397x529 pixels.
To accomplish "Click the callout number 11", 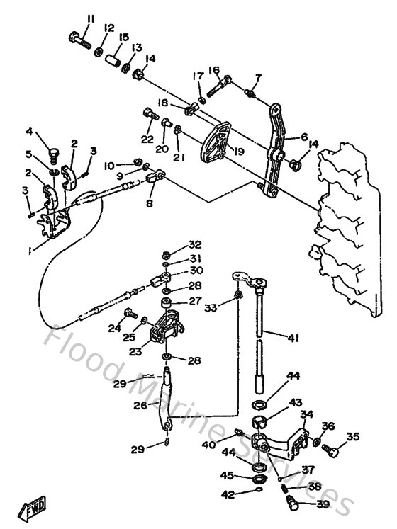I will tap(90, 18).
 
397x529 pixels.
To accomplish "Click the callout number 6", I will tap(305, 137).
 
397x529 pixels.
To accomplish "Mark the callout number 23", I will tap(135, 350).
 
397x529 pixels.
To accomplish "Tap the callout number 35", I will tap(352, 437).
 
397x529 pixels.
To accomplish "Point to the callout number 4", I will tap(30, 132).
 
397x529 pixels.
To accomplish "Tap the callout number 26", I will tap(140, 406).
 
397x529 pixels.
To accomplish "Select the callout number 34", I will tap(306, 414).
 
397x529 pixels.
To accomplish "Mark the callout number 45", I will tap(227, 475).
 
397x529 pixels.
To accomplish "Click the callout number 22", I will tap(147, 140).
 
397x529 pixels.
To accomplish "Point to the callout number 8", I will tap(148, 203).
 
